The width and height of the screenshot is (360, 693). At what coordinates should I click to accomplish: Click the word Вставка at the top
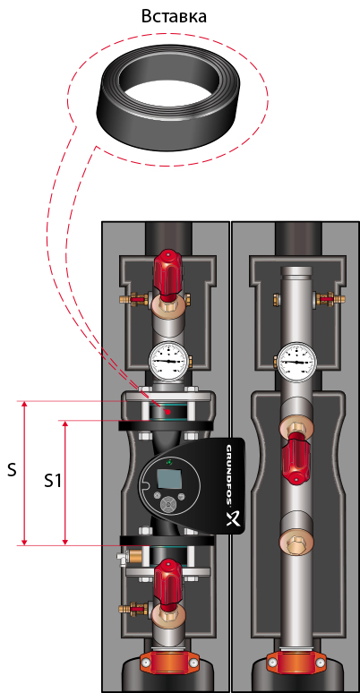[x=174, y=16]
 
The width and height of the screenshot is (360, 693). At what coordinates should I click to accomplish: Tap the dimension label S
[x=12, y=470]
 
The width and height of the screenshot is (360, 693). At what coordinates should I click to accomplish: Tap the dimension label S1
[x=52, y=482]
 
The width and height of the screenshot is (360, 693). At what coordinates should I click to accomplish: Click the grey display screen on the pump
[x=168, y=479]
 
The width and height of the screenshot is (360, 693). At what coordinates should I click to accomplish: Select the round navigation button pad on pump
[x=167, y=504]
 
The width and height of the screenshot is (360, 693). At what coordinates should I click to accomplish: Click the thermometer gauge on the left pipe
[x=168, y=361]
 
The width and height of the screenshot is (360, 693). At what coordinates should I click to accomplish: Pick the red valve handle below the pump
[x=168, y=580]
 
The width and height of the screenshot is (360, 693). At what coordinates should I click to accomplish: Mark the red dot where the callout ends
[x=167, y=412]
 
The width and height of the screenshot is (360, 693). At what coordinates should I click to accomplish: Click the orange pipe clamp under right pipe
[x=295, y=661]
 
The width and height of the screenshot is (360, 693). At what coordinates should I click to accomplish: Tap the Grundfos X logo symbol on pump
[x=234, y=518]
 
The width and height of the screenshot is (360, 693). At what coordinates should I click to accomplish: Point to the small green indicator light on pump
[x=169, y=462]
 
